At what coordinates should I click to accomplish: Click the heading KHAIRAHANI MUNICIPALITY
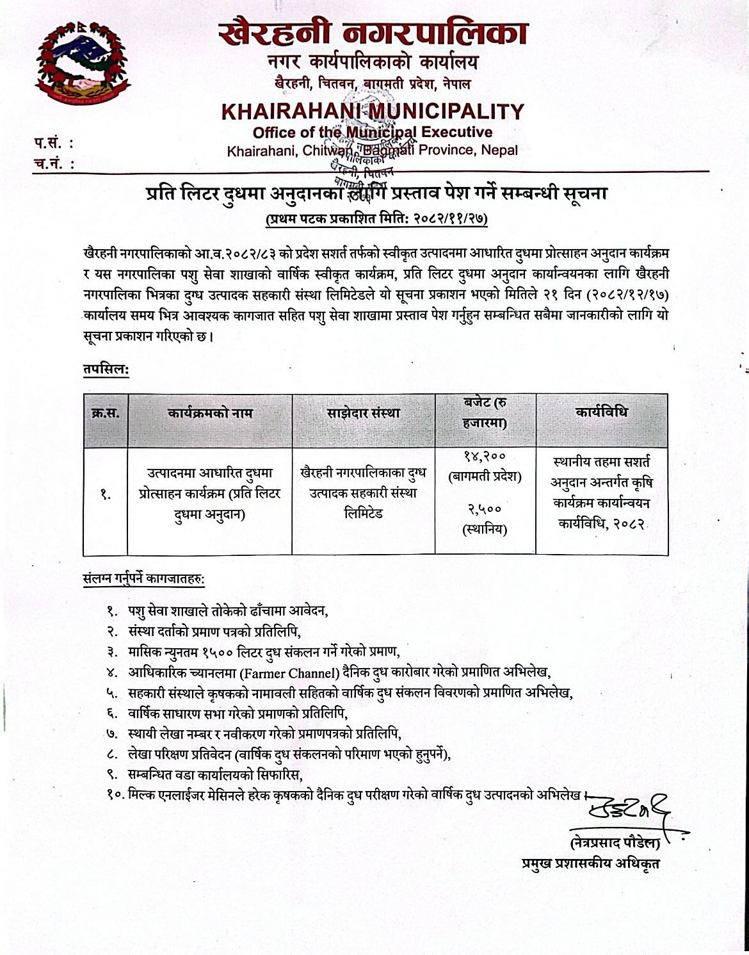[373, 111]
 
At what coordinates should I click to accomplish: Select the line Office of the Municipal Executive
[373, 133]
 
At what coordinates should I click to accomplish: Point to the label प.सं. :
[54, 143]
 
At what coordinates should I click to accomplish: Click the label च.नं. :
[54, 164]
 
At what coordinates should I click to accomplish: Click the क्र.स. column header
[105, 413]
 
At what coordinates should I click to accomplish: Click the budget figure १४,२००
[485, 456]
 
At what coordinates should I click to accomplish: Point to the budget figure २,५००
[485, 509]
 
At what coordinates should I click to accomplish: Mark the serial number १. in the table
[105, 494]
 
